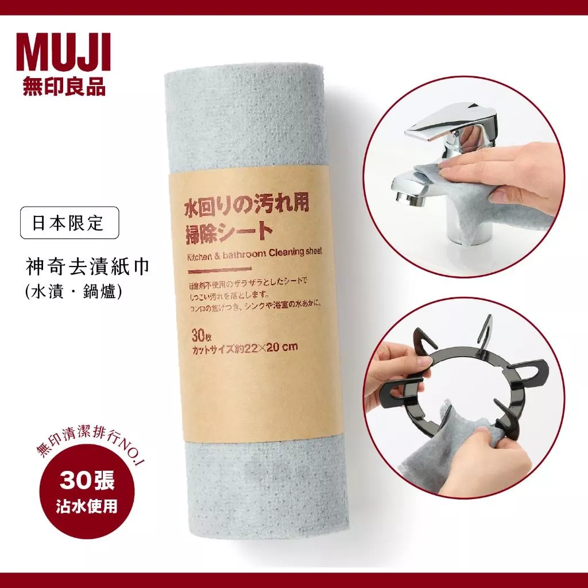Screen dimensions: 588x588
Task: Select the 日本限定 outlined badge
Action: (69, 223)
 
